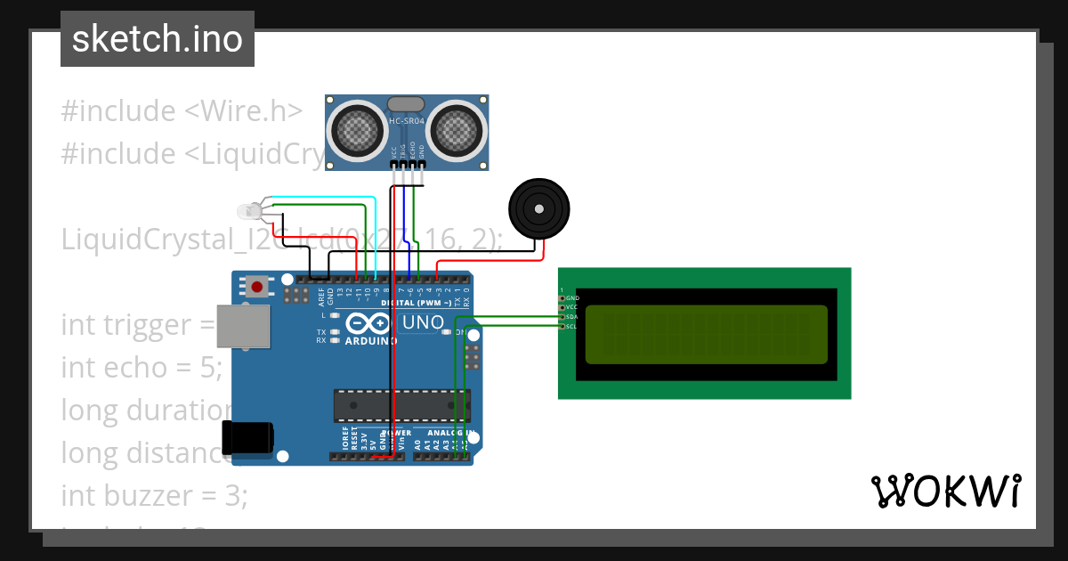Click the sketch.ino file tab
[158, 39]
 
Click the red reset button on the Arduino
[258, 287]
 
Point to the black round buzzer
[539, 208]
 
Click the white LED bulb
[247, 212]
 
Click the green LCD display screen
[707, 334]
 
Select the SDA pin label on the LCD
[571, 317]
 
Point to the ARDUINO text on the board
[371, 340]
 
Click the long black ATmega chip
[402, 405]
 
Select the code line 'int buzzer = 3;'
[154, 495]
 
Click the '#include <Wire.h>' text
[182, 111]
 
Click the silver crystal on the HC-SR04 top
[408, 104]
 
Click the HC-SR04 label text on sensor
[408, 120]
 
